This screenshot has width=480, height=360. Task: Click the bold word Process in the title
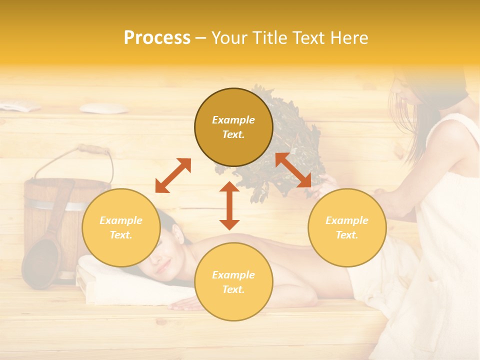(x=157, y=38)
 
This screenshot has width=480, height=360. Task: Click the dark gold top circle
(x=233, y=127)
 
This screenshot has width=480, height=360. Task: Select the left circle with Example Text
(x=121, y=227)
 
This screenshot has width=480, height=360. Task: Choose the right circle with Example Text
(x=346, y=227)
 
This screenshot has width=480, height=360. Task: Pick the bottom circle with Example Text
(x=233, y=282)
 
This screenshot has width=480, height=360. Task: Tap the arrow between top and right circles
(x=293, y=170)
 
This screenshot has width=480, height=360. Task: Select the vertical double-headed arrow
(x=229, y=205)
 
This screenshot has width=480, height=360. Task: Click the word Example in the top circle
(x=233, y=120)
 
